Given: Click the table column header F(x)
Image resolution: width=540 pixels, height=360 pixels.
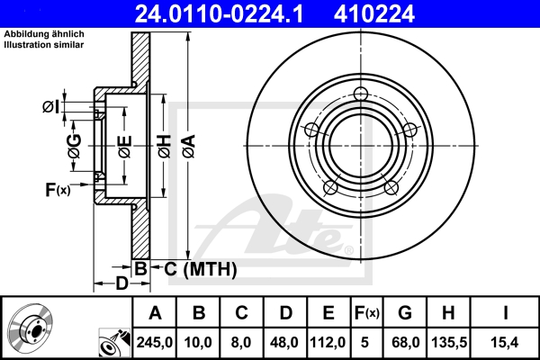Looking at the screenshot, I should (366, 313).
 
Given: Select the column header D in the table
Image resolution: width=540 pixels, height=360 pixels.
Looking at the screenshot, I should (285, 313).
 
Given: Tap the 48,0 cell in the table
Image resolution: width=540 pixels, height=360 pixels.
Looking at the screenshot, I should (285, 342).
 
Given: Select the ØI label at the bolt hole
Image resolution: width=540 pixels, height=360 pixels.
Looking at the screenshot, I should (51, 107).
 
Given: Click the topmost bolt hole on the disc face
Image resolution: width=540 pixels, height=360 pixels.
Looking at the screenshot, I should (362, 95).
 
